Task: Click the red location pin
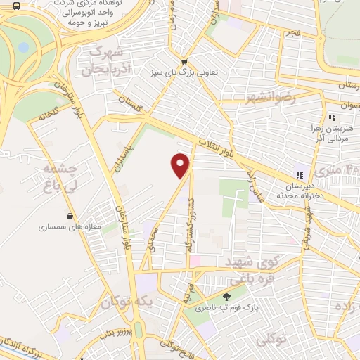[181, 166]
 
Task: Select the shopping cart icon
[184, 61]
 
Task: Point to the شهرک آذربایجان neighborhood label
[106, 61]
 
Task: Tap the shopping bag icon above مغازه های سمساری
[70, 216]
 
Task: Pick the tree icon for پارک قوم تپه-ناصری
[226, 297]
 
